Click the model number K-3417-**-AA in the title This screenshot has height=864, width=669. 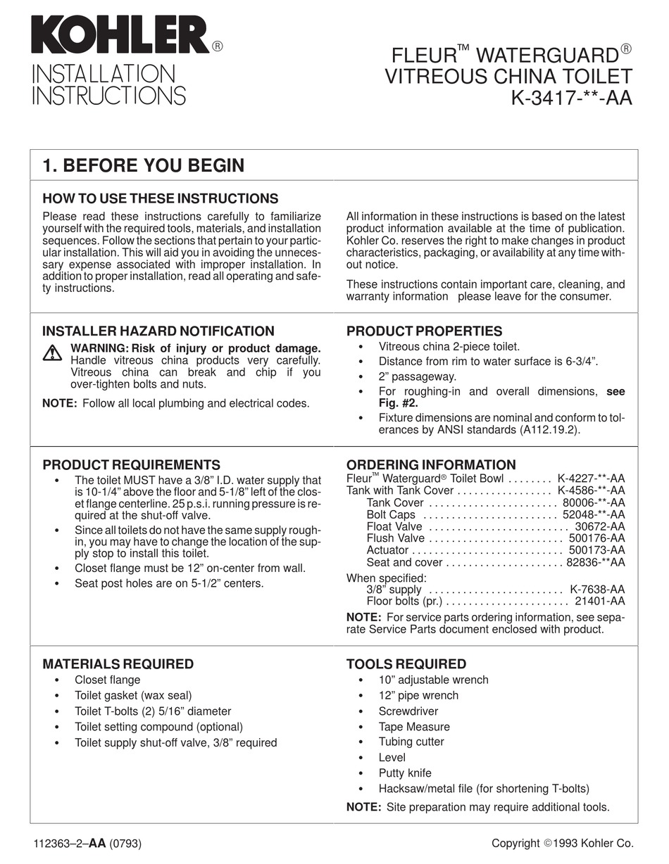click(571, 98)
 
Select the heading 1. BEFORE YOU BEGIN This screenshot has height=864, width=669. click(144, 165)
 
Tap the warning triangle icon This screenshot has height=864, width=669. click(52, 353)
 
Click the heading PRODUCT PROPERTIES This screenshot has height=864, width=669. click(424, 331)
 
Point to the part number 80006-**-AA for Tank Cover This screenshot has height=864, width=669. click(594, 502)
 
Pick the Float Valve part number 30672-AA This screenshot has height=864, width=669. click(599, 526)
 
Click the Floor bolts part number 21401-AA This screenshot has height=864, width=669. click(599, 601)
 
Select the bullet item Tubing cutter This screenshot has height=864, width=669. click(411, 742)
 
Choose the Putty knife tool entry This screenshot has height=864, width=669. click(405, 773)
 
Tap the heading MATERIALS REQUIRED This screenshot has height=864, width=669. click(118, 663)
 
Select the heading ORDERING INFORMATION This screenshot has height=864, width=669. click(431, 464)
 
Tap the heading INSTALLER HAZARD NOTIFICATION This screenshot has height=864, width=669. click(158, 331)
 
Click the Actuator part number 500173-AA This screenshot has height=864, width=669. click(596, 550)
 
